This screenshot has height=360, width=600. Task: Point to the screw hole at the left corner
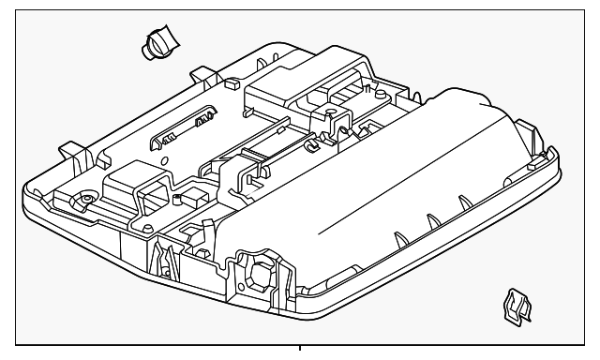point(85,200)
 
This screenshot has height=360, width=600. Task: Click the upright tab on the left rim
point(70,149)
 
